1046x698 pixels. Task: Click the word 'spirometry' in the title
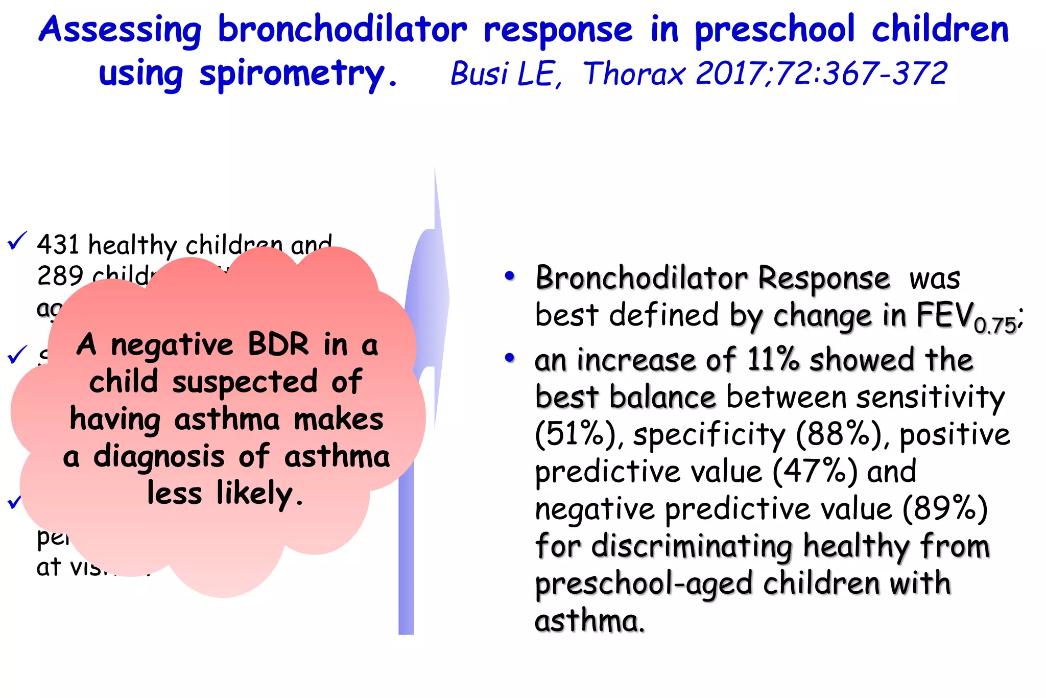pyautogui.click(x=292, y=75)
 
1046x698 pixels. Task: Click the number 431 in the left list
pyautogui.click(x=58, y=245)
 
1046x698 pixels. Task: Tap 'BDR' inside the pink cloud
pyautogui.click(x=278, y=344)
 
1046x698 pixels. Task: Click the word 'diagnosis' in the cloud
pyautogui.click(x=158, y=456)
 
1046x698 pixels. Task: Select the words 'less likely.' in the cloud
pyautogui.click(x=225, y=494)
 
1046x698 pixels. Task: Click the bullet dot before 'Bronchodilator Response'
pyautogui.click(x=509, y=276)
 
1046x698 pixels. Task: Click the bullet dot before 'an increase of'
pyautogui.click(x=509, y=358)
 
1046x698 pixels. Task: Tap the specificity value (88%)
pyautogui.click(x=838, y=435)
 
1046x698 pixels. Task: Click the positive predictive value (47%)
pyautogui.click(x=815, y=472)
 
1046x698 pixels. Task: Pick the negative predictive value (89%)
pyautogui.click(x=945, y=509)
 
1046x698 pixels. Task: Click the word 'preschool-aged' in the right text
pyautogui.click(x=644, y=584)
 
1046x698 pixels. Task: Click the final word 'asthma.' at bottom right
pyautogui.click(x=589, y=621)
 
